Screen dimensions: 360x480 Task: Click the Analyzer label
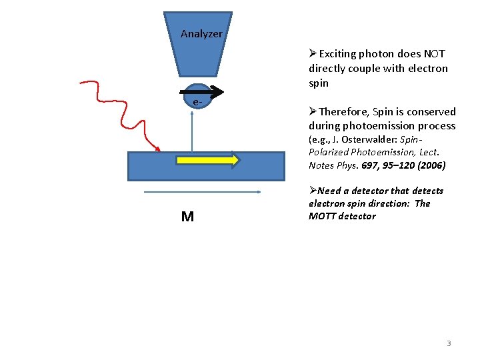pos(201,34)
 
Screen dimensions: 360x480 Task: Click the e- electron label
pos(196,102)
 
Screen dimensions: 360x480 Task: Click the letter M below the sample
pos(187,217)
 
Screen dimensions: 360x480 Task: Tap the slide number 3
pos(449,343)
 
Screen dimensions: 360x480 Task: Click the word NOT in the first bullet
pos(432,54)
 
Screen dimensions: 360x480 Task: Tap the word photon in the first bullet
pos(377,54)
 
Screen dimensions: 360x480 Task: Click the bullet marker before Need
pos(313,191)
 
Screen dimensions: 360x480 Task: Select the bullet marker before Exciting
pos(313,54)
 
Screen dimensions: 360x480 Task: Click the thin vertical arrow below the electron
pos(191,130)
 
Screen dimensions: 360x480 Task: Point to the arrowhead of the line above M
pos(258,193)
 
